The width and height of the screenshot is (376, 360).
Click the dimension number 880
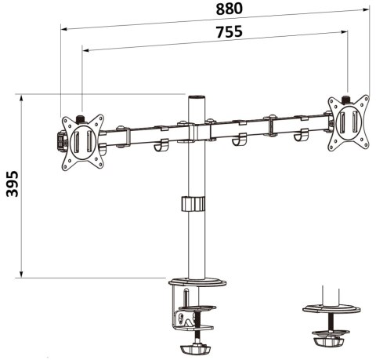coord(221,9)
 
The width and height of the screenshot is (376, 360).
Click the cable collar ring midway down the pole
coord(193,204)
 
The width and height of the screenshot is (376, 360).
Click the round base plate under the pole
coord(194,281)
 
